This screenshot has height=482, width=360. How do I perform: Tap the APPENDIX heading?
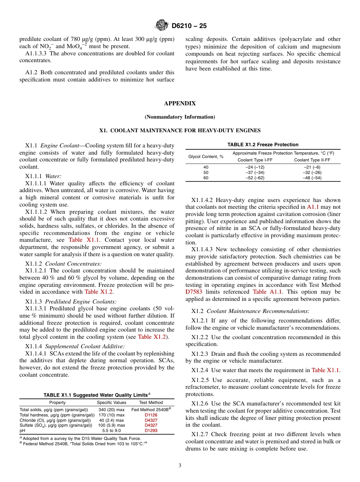180,103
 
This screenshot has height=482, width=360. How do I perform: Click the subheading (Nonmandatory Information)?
180,117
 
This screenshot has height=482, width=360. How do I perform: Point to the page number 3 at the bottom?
180,466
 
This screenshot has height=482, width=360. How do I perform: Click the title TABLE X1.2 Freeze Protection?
263,144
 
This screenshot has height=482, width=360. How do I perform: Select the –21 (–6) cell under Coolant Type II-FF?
312,167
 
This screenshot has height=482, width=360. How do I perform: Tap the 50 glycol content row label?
206,172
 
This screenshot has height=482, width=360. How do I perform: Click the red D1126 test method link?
151,415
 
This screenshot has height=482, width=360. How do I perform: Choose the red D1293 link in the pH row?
151,430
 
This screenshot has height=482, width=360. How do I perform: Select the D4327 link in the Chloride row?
151,420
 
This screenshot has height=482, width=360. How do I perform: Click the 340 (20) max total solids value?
111,410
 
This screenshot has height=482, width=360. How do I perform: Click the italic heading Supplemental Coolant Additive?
85,346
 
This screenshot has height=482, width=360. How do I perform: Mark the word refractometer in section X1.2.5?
203,387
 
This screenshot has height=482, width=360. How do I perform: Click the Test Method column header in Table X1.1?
151,402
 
